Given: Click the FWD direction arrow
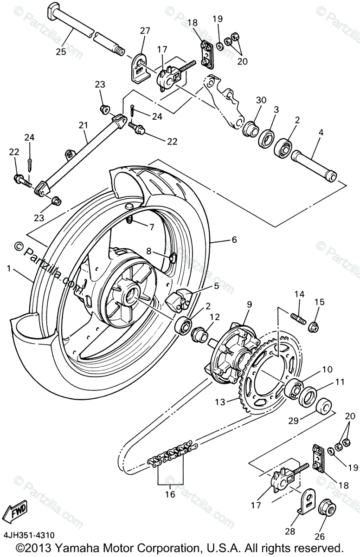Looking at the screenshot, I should [14, 511].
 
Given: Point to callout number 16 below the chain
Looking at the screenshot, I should [170, 494].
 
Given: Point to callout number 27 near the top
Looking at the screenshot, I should [145, 31].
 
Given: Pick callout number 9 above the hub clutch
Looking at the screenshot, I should [249, 305].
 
